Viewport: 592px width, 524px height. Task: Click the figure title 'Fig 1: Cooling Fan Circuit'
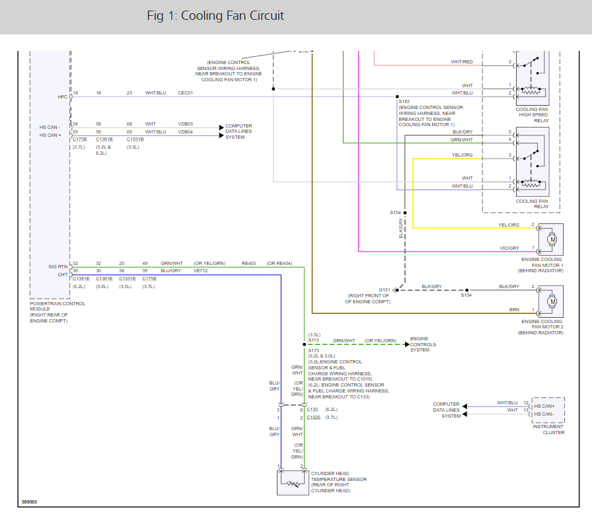[x=215, y=16]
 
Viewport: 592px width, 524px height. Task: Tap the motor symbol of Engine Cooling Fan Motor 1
[x=552, y=239]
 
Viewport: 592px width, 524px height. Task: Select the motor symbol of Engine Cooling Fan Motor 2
[x=552, y=301]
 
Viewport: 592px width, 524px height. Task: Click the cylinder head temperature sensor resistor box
[x=293, y=483]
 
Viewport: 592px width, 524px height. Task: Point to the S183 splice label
[x=404, y=102]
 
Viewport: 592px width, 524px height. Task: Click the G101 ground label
[x=385, y=290]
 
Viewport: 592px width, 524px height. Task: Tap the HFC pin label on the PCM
[x=62, y=97]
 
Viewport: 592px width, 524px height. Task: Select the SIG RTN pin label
[x=57, y=266]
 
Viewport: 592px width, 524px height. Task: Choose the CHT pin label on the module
[x=62, y=275]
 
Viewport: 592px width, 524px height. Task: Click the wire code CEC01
[x=186, y=93]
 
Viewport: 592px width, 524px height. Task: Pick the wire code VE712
[x=200, y=271]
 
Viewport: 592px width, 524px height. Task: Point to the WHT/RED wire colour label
[x=461, y=62]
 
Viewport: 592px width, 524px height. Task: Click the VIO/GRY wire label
[x=509, y=248]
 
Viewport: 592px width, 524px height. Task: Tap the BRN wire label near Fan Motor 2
[x=514, y=309]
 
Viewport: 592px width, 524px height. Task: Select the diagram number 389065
[x=29, y=502]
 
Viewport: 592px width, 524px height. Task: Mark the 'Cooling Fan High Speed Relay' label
[x=533, y=115]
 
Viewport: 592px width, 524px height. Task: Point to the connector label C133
[x=313, y=410]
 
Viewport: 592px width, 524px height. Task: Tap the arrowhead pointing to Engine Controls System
[x=406, y=344]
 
